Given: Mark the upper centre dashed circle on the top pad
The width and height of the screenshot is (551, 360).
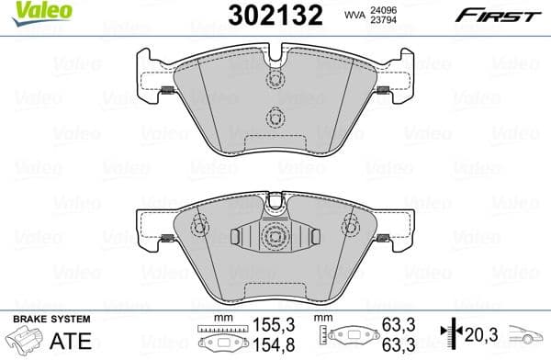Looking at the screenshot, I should [x=273, y=79].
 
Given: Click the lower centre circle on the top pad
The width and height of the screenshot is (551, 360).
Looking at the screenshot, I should [x=273, y=118].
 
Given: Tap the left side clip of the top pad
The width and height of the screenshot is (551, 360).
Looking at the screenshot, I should [x=166, y=90].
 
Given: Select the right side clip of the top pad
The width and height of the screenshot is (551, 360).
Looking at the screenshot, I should [x=382, y=90].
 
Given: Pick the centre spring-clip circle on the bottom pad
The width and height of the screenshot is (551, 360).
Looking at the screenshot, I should [x=273, y=238].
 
